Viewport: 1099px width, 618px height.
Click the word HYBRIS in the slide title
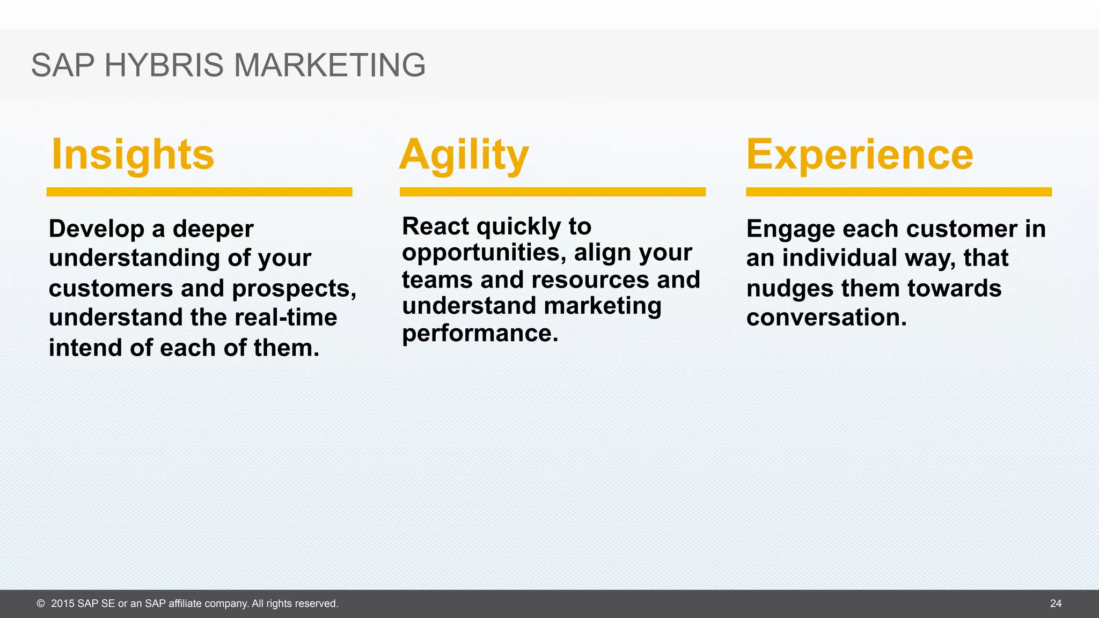click(x=163, y=65)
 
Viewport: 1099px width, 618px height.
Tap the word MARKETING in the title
click(x=329, y=65)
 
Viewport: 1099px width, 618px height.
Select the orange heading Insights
click(x=133, y=154)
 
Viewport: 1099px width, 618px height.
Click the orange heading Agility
click(x=464, y=154)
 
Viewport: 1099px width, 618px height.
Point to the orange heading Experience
click(x=860, y=154)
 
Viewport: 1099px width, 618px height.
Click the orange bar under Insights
click(x=199, y=192)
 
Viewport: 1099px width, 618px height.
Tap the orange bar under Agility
click(x=552, y=192)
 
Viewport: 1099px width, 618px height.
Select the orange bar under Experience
click(x=898, y=192)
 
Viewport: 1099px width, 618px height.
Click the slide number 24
click(x=1056, y=604)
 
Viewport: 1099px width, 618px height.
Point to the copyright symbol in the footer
click(x=41, y=604)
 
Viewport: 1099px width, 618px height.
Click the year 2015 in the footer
click(x=62, y=604)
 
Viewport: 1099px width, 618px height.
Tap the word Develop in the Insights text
click(x=97, y=229)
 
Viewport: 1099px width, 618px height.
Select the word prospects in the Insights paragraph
click(x=294, y=289)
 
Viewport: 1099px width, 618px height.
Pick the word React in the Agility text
click(x=435, y=226)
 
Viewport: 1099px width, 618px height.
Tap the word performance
click(x=480, y=334)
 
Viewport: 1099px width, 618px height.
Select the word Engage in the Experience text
click(x=790, y=229)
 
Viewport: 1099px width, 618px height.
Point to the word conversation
click(x=826, y=318)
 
